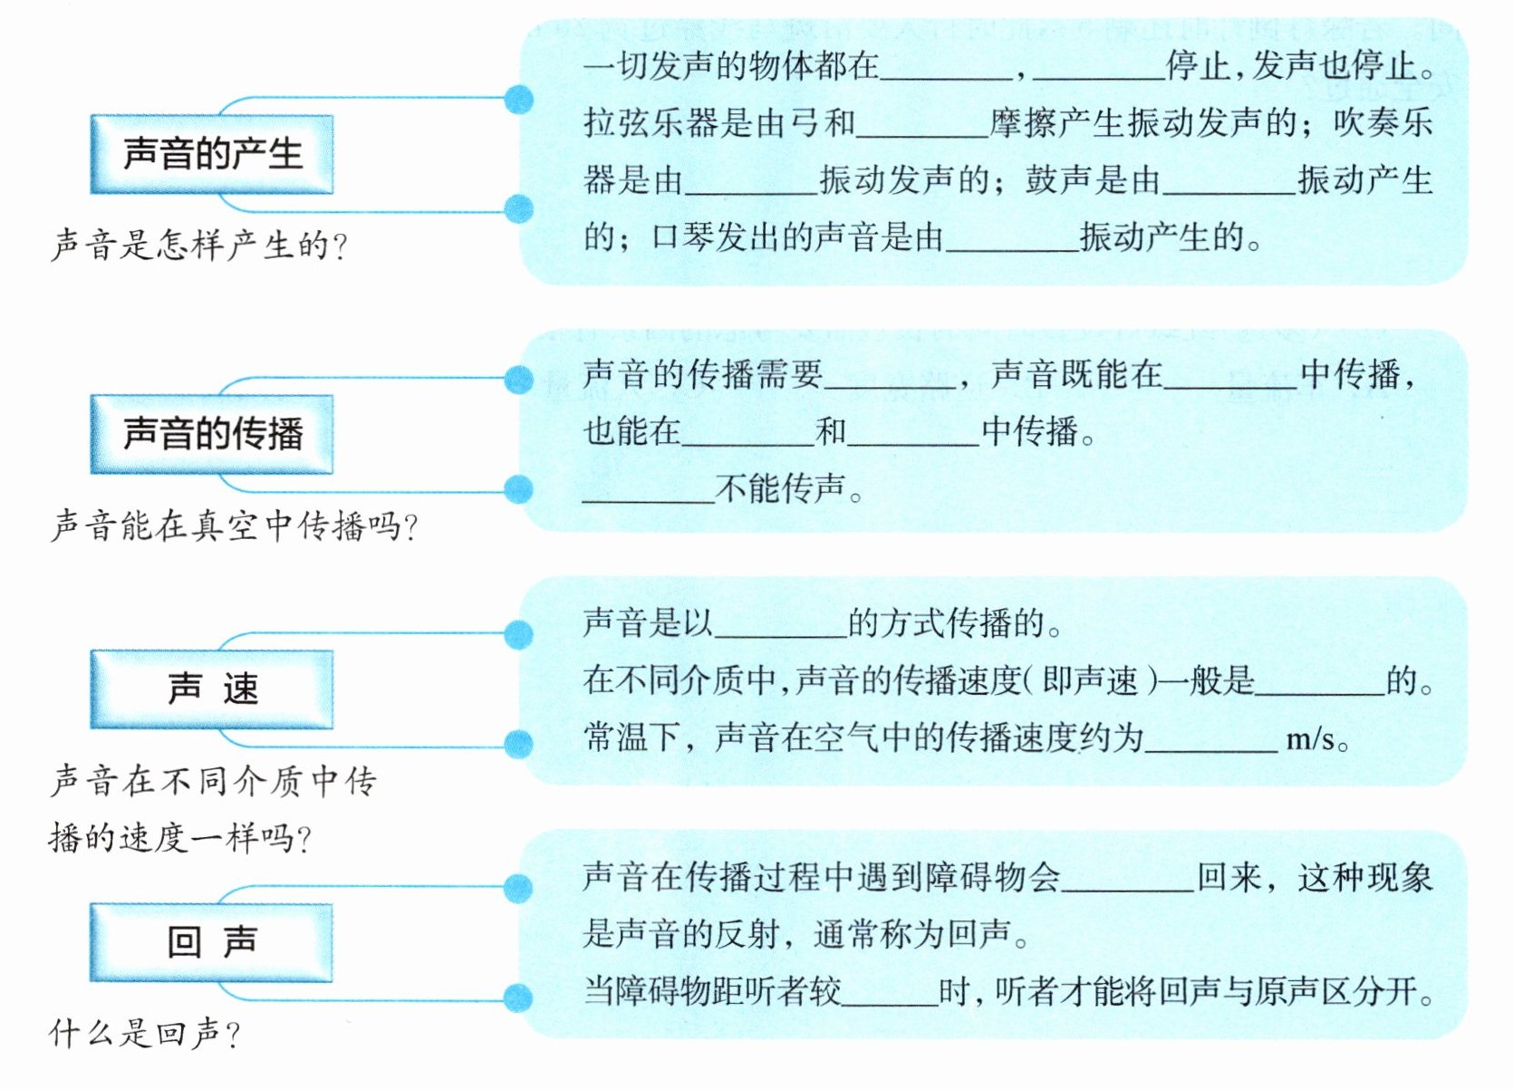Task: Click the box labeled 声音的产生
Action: (211, 154)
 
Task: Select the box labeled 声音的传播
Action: (211, 434)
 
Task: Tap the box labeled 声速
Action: (211, 689)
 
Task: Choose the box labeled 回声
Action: (211, 942)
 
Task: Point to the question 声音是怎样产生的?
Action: (199, 246)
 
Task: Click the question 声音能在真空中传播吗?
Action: (234, 525)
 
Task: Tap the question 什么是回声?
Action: (145, 1033)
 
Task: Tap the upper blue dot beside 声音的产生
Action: (518, 99)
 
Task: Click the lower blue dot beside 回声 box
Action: (517, 998)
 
